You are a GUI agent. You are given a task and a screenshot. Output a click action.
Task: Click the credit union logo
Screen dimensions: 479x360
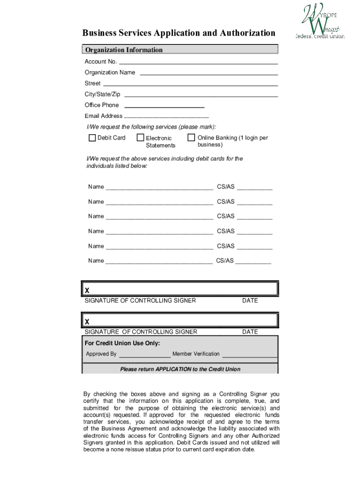[320, 22]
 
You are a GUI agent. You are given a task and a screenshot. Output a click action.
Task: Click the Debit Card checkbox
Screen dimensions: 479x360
[92, 138]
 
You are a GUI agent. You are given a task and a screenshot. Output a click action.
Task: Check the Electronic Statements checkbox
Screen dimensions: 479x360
[140, 138]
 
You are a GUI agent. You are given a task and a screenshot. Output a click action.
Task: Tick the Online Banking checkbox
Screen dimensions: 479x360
[191, 138]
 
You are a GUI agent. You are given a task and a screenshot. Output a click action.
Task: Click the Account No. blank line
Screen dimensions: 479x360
[198, 63]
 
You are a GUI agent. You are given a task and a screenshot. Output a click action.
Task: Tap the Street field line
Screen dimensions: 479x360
[190, 85]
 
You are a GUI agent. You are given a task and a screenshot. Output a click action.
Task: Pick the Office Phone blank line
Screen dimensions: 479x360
[164, 107]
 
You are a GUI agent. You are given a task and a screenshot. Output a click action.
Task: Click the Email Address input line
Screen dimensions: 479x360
[166, 117]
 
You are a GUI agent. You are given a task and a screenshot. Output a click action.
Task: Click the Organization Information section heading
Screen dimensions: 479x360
[124, 50]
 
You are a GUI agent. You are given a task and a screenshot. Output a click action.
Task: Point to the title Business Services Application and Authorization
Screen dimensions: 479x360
[179, 33]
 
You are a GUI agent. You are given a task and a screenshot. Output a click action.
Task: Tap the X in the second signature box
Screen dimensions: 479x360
[87, 322]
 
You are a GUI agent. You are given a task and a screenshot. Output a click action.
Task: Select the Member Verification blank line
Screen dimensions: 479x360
[249, 356]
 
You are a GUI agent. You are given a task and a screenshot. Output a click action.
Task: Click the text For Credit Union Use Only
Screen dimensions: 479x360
[122, 343]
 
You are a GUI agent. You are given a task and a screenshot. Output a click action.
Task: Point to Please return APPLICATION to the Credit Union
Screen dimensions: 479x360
[180, 369]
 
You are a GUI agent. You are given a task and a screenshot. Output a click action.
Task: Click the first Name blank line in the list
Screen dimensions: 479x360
[159, 189]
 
